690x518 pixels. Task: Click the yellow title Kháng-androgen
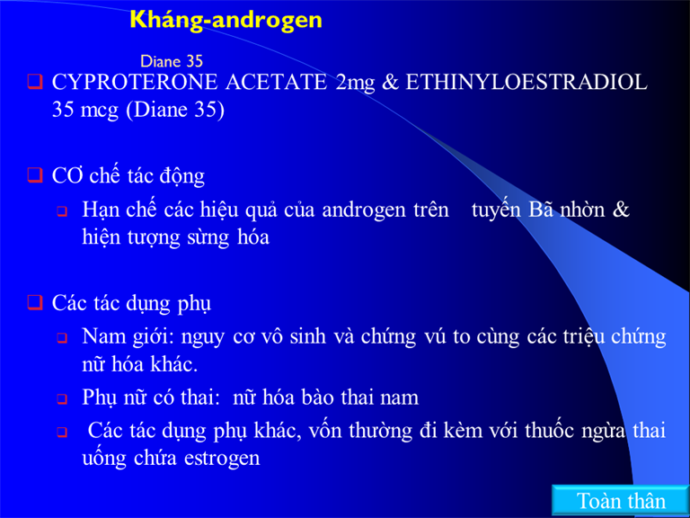(x=226, y=21)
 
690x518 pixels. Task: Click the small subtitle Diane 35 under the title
(x=172, y=61)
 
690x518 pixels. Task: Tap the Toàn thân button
(x=621, y=501)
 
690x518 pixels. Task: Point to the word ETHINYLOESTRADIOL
(x=526, y=83)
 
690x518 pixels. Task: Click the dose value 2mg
(x=355, y=84)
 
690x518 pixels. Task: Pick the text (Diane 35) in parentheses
(x=175, y=110)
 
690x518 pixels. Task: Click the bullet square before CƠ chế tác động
(x=35, y=174)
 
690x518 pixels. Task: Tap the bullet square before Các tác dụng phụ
(x=35, y=302)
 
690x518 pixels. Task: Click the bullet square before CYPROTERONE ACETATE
(x=35, y=82)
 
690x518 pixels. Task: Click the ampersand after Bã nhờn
(x=621, y=210)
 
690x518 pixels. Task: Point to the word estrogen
(x=222, y=459)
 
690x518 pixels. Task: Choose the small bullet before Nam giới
(x=62, y=339)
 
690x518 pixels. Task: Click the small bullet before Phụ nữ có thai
(x=62, y=399)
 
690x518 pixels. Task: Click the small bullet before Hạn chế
(x=62, y=212)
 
